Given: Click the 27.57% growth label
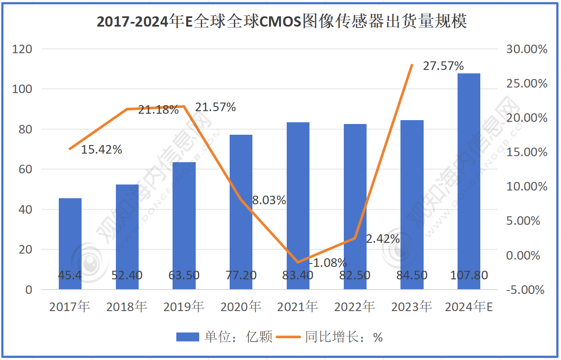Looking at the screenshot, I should pyautogui.click(x=443, y=66).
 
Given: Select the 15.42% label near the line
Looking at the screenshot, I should pyautogui.click(x=102, y=150).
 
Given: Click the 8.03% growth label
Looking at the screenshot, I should pyautogui.click(x=269, y=200).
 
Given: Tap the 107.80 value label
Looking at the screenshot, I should pyautogui.click(x=469, y=275).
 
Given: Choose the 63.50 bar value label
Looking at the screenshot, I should pyautogui.click(x=184, y=275).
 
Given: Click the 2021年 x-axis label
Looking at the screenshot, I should pyautogui.click(x=297, y=307).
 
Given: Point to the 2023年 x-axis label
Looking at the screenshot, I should pyautogui.click(x=411, y=307).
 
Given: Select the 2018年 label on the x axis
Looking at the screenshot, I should pyautogui.click(x=127, y=307).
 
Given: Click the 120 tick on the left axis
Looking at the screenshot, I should pyautogui.click(x=23, y=49).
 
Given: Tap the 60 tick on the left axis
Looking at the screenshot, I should pyautogui.click(x=26, y=169).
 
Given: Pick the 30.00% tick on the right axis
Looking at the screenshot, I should pyautogui.click(x=527, y=49).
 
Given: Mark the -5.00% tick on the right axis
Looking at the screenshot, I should pyautogui.click(x=525, y=290).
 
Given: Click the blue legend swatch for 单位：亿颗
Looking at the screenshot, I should pyautogui.click(x=188, y=337).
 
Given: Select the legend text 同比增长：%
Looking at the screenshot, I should pyautogui.click(x=343, y=337).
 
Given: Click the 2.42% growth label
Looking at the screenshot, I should pyautogui.click(x=382, y=239).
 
